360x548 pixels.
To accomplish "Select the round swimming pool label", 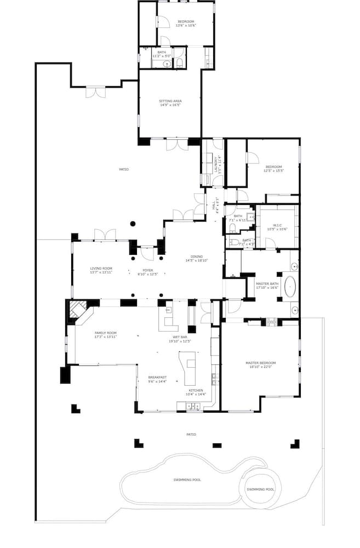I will (x=260, y=489).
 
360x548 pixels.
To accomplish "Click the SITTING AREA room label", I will (x=170, y=101).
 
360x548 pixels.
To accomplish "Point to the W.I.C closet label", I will (x=277, y=225).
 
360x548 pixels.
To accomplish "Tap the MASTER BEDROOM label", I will (x=260, y=363).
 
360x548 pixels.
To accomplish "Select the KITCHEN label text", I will (x=196, y=391).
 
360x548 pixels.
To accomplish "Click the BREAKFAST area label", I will (x=157, y=377).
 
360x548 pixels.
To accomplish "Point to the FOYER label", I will (x=148, y=270).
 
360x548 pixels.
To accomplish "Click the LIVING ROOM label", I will (x=101, y=268).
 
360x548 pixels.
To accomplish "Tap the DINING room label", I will (x=197, y=256).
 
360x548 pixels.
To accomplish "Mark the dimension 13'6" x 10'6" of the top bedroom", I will (x=186, y=25).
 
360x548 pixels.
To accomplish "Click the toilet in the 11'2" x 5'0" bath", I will (x=180, y=64).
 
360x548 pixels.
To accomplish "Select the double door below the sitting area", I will (x=178, y=145).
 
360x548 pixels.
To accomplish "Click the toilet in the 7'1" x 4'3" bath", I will (x=232, y=241).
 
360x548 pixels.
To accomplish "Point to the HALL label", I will (x=213, y=205).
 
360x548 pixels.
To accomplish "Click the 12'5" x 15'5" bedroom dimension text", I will (x=273, y=170).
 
